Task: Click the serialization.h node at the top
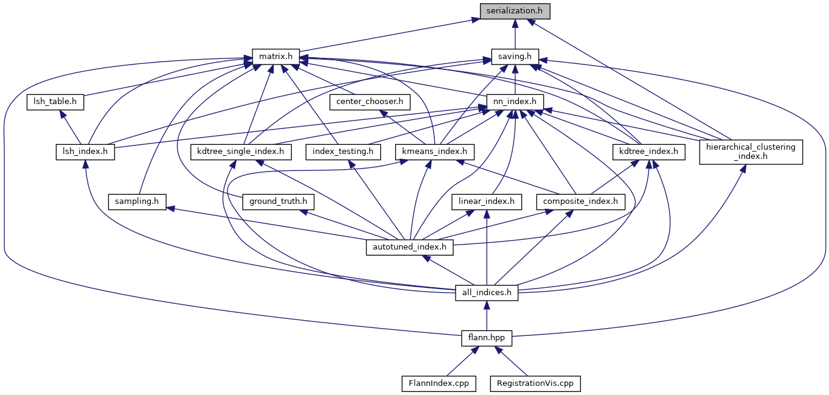(x=515, y=11)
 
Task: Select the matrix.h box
(x=276, y=57)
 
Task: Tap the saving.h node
(x=515, y=57)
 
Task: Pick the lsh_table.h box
(x=55, y=102)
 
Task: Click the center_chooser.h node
(x=370, y=102)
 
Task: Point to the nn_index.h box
(x=515, y=102)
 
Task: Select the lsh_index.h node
(x=85, y=151)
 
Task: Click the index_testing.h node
(x=344, y=151)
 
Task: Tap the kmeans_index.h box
(x=435, y=151)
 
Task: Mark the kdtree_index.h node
(x=648, y=151)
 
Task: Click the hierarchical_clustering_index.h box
(x=751, y=151)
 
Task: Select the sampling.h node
(x=137, y=201)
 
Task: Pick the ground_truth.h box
(x=278, y=201)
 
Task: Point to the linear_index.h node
(x=487, y=201)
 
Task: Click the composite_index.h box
(x=580, y=201)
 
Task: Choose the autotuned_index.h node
(x=410, y=247)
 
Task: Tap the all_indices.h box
(x=487, y=293)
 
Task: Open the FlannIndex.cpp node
(x=438, y=383)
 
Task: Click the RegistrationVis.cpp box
(x=535, y=383)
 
